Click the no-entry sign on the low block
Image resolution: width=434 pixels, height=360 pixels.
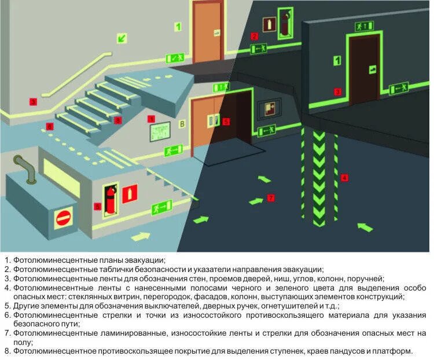[64, 219]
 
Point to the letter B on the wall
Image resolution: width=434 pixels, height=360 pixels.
[182, 123]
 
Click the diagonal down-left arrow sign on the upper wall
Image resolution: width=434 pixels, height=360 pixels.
[123, 38]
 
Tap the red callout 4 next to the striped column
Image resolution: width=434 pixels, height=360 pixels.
[345, 178]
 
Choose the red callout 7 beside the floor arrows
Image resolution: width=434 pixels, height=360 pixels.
[270, 198]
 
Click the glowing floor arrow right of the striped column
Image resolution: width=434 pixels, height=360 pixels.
[365, 226]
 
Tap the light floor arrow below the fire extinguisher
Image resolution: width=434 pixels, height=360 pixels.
[140, 236]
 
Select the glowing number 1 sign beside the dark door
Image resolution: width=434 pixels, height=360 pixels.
[336, 60]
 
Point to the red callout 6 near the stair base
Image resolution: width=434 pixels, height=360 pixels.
[50, 126]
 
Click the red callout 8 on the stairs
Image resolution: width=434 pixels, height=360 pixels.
[117, 120]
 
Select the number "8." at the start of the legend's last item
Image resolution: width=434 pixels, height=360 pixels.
[8, 351]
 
